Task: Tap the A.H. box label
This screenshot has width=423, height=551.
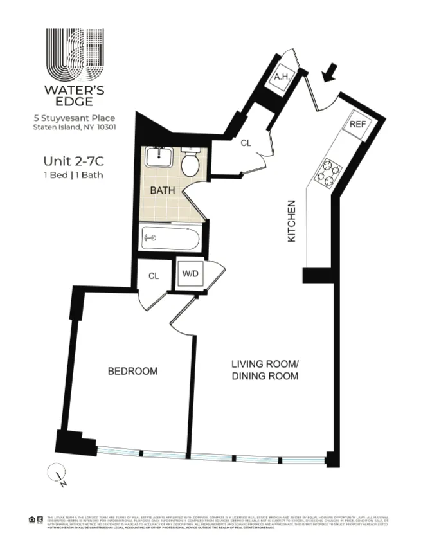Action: (x=280, y=78)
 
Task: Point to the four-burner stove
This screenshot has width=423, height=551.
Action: (x=328, y=171)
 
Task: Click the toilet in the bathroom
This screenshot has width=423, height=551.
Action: (x=190, y=163)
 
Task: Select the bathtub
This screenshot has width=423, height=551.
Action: (x=170, y=238)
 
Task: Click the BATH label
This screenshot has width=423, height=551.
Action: (x=162, y=191)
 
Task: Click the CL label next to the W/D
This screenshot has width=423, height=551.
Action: (x=154, y=276)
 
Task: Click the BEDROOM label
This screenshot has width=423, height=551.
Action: (x=132, y=371)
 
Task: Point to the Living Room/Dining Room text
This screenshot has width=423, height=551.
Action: (x=264, y=370)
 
